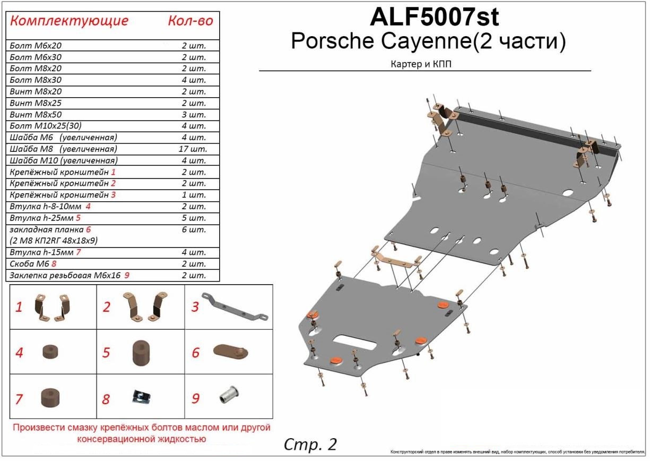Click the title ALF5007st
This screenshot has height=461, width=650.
[435, 17]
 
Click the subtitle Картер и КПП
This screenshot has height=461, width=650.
[421, 64]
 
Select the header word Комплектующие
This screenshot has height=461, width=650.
[69, 21]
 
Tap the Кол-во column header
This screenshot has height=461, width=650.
[190, 21]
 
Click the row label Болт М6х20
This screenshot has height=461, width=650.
[36, 46]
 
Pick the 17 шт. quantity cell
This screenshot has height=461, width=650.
[193, 149]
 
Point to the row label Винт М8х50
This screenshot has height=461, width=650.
[36, 114]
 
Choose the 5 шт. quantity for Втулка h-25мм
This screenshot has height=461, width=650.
[194, 218]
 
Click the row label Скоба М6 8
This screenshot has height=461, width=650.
[33, 264]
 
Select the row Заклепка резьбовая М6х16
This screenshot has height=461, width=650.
[70, 275]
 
